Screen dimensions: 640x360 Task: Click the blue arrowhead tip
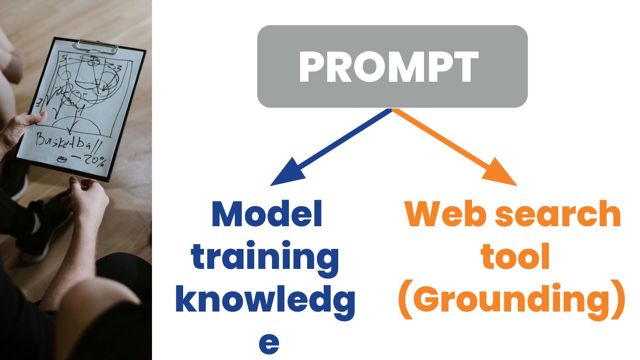point(272,184)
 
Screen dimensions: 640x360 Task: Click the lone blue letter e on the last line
point(269,343)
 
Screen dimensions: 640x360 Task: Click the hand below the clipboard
point(89,200)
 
